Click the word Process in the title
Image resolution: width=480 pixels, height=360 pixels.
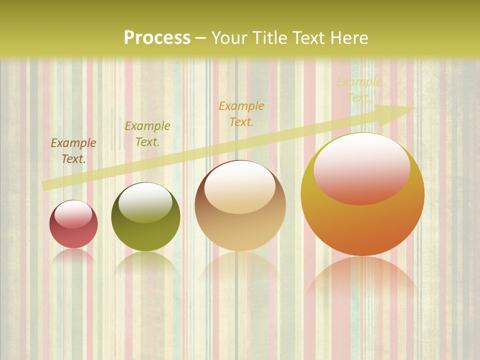coord(157,38)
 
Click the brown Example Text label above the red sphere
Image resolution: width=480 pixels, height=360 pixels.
coord(73,150)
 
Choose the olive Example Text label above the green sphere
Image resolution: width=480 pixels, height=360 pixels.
coord(147,133)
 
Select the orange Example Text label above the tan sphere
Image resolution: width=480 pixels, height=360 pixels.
coord(241,113)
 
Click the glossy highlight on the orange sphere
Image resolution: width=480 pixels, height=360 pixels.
coord(361,168)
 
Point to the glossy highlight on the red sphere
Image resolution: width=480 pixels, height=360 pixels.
coord(73,214)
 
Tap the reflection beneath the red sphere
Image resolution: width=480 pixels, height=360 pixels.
coord(73,256)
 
